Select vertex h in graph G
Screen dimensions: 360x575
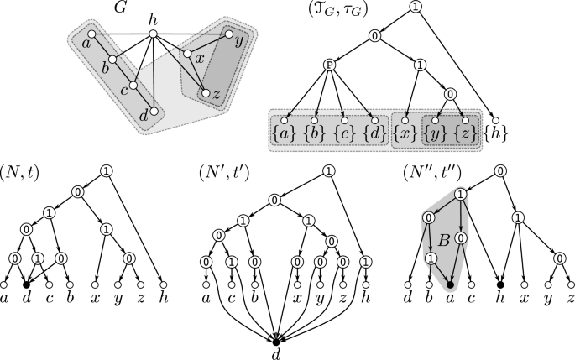click(x=153, y=34)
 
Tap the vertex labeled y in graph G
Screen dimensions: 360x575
click(x=227, y=35)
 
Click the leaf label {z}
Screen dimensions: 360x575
click(x=464, y=133)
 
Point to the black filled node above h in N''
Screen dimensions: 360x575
click(x=501, y=285)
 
